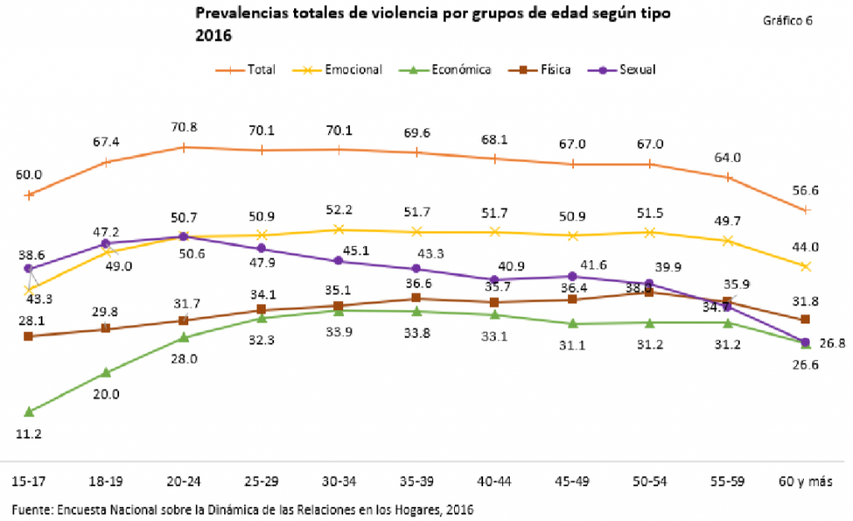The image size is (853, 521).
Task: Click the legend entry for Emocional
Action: coord(349,70)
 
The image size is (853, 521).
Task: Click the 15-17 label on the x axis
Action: coord(29,482)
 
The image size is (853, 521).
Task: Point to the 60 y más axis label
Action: coord(805,482)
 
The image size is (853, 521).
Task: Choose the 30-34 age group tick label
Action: coord(338,482)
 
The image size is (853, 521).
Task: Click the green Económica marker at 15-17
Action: coord(29,412)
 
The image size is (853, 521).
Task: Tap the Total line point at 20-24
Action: coord(183,148)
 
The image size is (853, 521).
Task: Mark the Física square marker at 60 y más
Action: coord(806,319)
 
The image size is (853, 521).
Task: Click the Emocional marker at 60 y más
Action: coord(806,267)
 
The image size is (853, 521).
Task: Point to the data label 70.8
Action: coord(183,128)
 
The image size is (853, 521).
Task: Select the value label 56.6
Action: coord(805,191)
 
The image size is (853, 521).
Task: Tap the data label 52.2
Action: coord(338,208)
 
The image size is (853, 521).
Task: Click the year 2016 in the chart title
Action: coord(213,37)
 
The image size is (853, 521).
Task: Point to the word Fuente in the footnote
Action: coord(29,508)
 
